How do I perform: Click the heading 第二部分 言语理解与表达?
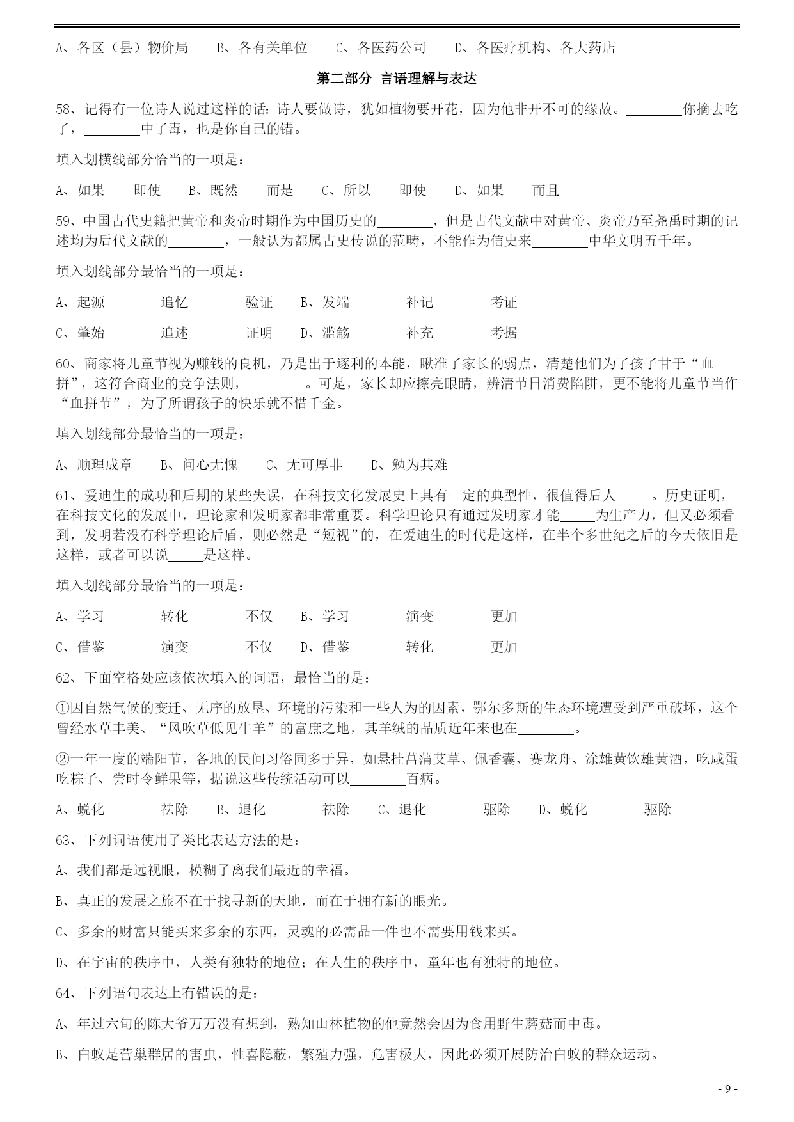(397, 79)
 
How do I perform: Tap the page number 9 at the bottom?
(727, 1089)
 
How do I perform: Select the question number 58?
(65, 109)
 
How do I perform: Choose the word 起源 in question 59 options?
(91, 303)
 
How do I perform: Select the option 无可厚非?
(314, 465)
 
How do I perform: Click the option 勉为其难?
(419, 465)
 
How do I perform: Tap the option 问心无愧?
(209, 465)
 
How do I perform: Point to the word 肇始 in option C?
(91, 333)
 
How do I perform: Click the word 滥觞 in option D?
(336, 333)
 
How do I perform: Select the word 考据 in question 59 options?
(504, 333)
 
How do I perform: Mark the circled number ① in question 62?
(62, 708)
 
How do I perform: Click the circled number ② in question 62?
(62, 759)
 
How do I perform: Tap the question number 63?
(65, 841)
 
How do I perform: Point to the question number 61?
(65, 496)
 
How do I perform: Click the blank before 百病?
(378, 779)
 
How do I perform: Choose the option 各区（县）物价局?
(132, 48)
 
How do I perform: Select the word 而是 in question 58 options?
(280, 190)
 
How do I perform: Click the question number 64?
(65, 993)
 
